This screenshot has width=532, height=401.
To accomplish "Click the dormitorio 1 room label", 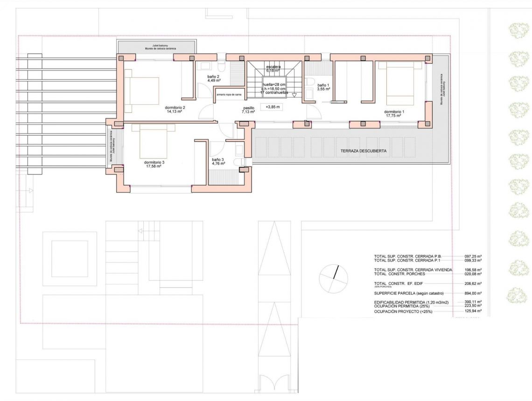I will coord(394,113).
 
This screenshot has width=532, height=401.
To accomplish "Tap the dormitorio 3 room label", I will coord(154,164).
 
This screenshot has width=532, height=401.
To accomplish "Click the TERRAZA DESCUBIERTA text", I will coord(364,151).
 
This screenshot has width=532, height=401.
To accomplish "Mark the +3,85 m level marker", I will coord(273,107).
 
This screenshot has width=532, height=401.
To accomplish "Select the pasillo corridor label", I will coord(248,110).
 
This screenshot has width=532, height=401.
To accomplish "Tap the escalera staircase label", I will coord(273,69).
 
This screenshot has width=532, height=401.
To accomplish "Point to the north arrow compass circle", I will coord(334,279).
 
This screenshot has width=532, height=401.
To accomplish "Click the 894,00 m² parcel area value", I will coord(473,293).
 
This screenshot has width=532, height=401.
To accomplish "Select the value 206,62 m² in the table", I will coord(473,283).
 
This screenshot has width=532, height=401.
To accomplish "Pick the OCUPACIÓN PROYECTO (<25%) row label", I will coord(403,311).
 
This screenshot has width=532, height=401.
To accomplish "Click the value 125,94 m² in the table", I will coord(473,311).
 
